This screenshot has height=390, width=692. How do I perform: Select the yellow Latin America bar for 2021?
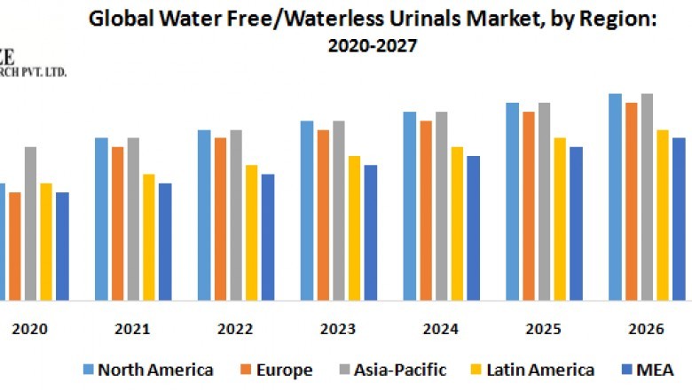click(149, 237)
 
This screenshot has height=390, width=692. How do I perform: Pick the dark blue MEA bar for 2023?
click(371, 232)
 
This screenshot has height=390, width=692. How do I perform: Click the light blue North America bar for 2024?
click(410, 206)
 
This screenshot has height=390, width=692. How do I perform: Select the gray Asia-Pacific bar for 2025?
click(544, 201)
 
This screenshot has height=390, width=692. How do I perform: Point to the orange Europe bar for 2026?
click(631, 201)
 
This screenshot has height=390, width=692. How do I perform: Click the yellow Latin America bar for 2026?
click(663, 214)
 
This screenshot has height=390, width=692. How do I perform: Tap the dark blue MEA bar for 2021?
click(165, 241)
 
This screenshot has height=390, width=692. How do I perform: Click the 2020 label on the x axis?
click(29, 329)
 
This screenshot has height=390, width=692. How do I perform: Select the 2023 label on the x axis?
click(338, 329)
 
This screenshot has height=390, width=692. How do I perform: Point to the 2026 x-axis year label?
click(646, 329)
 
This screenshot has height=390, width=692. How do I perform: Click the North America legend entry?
click(147, 370)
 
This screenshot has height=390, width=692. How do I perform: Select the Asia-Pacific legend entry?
click(398, 370)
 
